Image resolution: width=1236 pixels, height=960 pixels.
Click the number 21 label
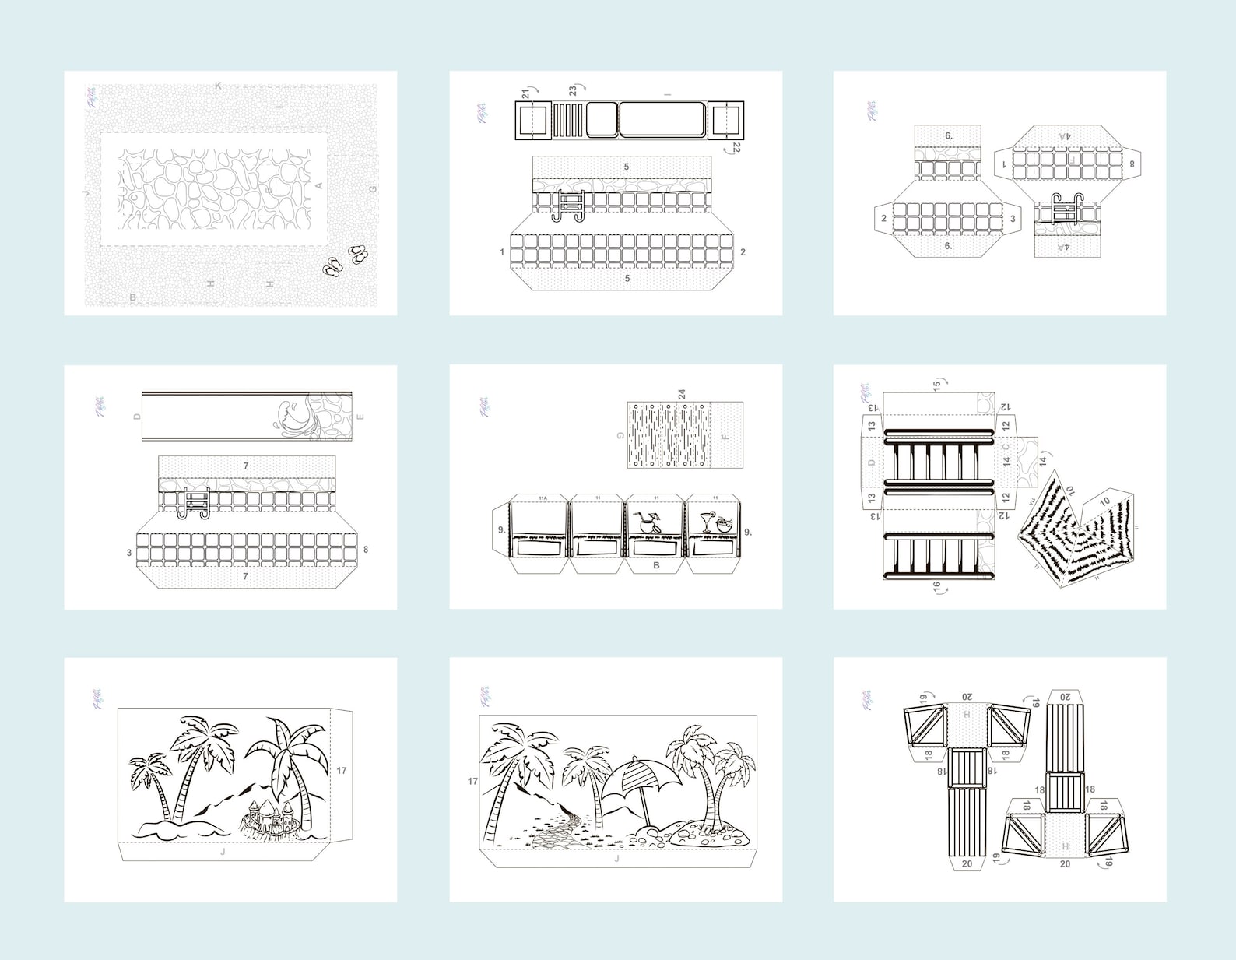[526, 93]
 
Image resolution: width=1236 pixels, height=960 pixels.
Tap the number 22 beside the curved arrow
[736, 146]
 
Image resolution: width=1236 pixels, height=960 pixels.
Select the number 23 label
[573, 91]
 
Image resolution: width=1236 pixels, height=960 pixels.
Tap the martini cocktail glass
[707, 520]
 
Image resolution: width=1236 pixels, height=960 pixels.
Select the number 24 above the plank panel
[682, 395]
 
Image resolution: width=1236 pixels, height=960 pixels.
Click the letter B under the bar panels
[655, 565]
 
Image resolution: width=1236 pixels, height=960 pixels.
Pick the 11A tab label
[542, 498]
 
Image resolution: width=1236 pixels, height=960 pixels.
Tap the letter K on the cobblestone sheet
[218, 86]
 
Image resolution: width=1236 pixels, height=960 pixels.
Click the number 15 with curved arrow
[937, 384]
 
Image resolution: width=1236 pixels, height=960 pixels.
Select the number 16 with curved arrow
[937, 586]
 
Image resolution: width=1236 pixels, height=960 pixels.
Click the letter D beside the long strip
[137, 417]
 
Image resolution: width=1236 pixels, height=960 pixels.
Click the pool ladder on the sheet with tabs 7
[192, 502]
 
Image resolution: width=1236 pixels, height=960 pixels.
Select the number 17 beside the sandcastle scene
[341, 771]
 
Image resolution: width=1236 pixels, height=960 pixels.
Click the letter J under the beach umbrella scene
[616, 859]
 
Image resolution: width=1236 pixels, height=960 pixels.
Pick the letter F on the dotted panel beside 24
[725, 438]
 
